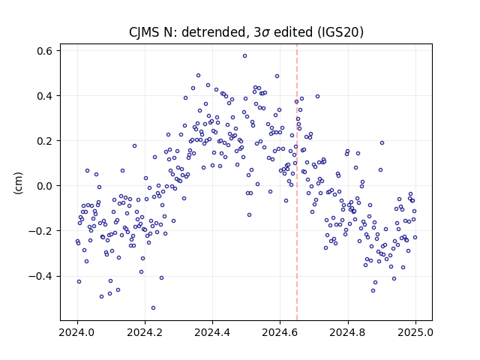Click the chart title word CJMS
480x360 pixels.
click(x=144, y=32)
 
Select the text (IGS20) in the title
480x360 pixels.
click(x=340, y=32)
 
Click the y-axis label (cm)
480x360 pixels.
click(x=18, y=183)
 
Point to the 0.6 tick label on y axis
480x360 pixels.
click(x=44, y=51)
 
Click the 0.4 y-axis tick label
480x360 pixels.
click(x=44, y=96)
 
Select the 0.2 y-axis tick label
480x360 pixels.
click(x=44, y=141)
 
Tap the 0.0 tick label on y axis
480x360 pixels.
click(x=44, y=186)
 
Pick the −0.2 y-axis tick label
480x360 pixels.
click(x=40, y=231)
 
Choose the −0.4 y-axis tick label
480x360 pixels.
click(x=40, y=276)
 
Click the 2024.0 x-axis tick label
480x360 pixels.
click(x=77, y=332)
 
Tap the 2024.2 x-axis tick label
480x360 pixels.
click(x=145, y=332)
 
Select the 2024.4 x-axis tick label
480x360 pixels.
click(x=212, y=332)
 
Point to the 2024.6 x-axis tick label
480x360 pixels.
click(x=280, y=332)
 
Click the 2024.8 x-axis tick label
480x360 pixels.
click(x=348, y=332)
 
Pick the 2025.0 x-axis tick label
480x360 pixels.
click(x=415, y=332)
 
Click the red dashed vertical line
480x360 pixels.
click(x=297, y=182)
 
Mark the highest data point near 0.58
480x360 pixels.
click(x=245, y=56)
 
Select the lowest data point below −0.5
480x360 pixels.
click(x=153, y=308)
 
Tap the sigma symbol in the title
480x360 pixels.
click(x=265, y=33)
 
